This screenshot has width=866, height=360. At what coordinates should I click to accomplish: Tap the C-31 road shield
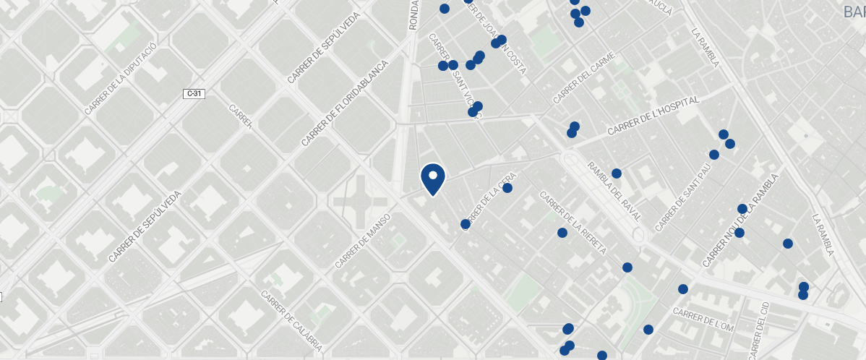194,93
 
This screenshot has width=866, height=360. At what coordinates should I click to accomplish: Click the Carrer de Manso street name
363,241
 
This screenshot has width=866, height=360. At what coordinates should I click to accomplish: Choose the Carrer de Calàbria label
291,321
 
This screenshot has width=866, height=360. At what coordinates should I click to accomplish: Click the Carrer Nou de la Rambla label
739,221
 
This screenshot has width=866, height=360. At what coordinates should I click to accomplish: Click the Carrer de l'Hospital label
653,117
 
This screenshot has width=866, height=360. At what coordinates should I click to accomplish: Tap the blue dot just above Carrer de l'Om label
682,289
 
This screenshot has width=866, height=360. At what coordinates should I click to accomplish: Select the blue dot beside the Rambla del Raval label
617,173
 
